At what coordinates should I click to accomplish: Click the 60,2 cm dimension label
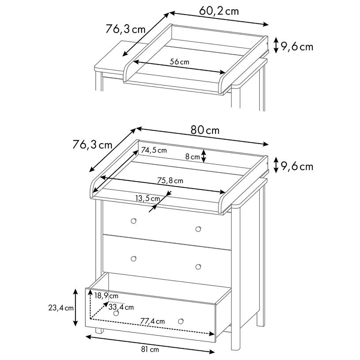[x=219, y=11]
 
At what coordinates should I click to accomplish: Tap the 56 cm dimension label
[x=179, y=62]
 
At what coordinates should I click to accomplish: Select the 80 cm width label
[x=205, y=130]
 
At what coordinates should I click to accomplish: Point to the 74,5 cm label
[x=154, y=150]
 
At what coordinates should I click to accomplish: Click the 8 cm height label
[x=193, y=157]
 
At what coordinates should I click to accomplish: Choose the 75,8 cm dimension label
[x=170, y=181]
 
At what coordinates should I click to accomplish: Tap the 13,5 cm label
[x=148, y=198]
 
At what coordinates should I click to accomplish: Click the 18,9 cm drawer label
[x=106, y=296]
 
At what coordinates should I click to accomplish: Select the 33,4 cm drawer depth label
[x=121, y=307]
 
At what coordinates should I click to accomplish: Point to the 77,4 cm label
[x=152, y=321]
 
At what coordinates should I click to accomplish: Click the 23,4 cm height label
[x=61, y=307]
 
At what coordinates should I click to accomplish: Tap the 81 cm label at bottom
[x=150, y=349]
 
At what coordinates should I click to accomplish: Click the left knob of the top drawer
[x=133, y=221]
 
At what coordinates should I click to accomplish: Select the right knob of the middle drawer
[x=198, y=267]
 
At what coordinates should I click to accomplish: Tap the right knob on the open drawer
[x=181, y=321]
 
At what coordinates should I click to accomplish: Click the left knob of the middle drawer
[x=133, y=259]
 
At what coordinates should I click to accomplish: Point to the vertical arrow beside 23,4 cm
[x=75, y=307]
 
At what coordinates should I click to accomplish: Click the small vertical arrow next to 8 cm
[x=204, y=156]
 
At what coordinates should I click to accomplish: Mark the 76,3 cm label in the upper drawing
[x=125, y=29]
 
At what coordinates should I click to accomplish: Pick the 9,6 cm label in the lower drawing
[x=297, y=166]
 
